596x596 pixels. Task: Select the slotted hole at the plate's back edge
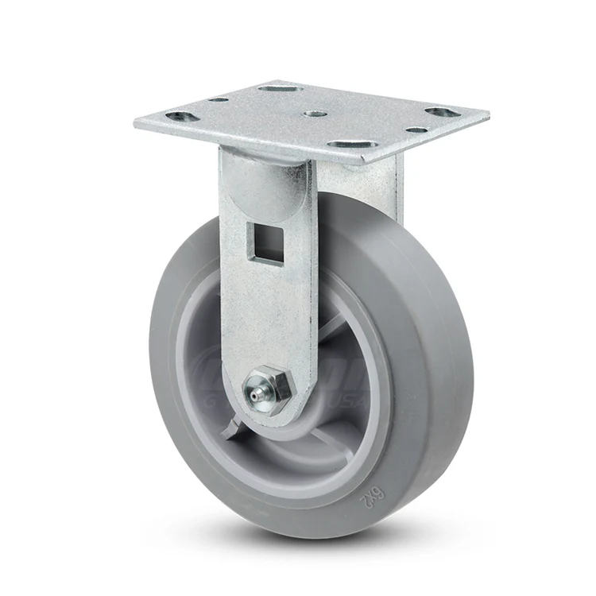[x=281, y=88]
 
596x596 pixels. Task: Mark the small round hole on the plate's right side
[x=416, y=130]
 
